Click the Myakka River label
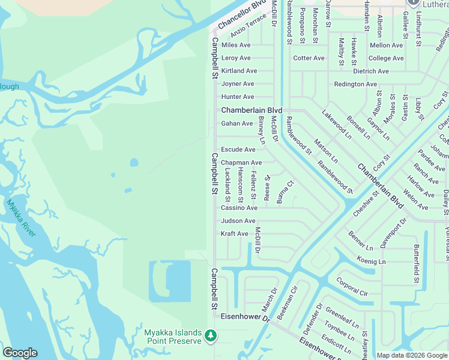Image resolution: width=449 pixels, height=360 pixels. click(x=21, y=217)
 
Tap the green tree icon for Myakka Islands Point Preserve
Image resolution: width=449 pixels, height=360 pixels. click(x=210, y=335)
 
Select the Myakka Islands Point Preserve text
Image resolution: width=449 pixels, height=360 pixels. click(x=173, y=336)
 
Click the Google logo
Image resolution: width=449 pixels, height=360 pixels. click(x=20, y=353)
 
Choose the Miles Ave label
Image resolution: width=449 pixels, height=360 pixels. click(x=236, y=45)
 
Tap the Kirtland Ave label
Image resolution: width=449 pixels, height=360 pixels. click(x=239, y=71)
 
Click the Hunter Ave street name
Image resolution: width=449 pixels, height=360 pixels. click(x=238, y=97)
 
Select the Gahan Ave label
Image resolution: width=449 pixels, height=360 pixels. click(x=237, y=123)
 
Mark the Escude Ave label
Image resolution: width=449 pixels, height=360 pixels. click(x=238, y=149)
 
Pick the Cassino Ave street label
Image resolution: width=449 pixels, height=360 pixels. click(x=239, y=208)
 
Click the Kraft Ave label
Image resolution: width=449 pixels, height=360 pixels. click(x=234, y=233)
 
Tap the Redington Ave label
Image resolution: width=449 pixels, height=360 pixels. click(x=355, y=84)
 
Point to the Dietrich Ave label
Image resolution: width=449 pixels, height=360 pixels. click(x=371, y=71)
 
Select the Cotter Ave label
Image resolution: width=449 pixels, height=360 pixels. click(x=309, y=58)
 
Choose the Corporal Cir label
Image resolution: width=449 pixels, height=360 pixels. click(x=352, y=287)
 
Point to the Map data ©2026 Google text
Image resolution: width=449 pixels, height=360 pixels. click(x=412, y=355)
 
